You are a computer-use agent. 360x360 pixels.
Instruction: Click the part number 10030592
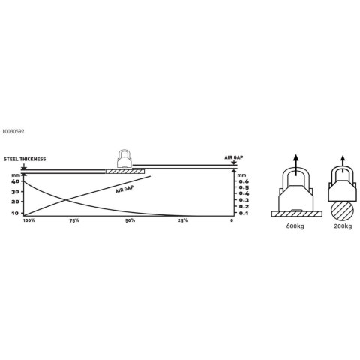13,132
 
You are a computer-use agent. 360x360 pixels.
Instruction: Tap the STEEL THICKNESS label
25,159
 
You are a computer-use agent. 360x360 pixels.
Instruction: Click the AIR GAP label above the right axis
234,157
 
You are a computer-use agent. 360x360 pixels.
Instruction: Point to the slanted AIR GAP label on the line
124,190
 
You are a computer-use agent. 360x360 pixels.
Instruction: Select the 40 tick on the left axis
15,181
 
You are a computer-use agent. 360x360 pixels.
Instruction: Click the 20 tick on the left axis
15,202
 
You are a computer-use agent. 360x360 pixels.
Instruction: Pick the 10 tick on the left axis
15,213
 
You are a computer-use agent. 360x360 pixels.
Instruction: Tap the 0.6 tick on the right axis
244,181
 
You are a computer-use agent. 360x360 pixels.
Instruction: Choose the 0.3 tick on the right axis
244,200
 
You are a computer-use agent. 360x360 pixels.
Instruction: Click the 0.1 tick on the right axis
244,214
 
